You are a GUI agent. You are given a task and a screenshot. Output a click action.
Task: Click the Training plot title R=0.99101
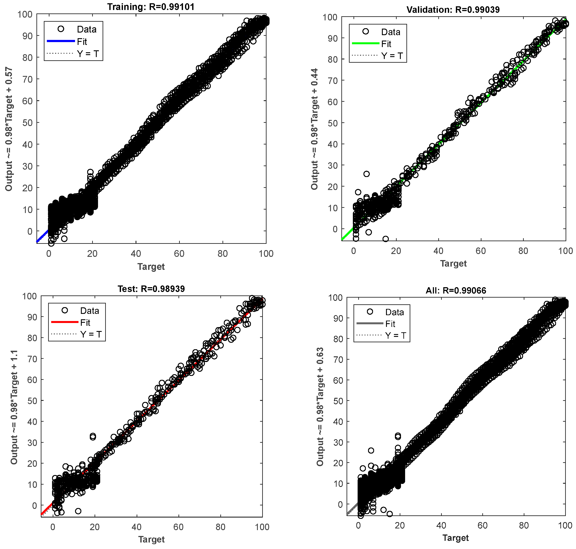[151, 7]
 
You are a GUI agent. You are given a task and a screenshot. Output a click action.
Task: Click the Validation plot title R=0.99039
[453, 10]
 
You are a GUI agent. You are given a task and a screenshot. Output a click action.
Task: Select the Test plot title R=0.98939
[151, 289]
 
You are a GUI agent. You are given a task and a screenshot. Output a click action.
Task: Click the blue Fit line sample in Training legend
[61, 41]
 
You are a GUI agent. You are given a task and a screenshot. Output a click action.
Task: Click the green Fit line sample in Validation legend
[365, 43]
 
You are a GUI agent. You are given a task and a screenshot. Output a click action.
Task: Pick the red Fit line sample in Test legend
[65, 322]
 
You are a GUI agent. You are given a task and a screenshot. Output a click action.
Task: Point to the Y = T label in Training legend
[88, 54]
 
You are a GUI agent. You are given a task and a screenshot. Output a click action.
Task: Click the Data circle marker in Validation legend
[366, 31]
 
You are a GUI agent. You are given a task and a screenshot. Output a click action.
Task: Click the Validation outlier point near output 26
[366, 174]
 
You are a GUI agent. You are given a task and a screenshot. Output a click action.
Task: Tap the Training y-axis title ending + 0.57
[9, 129]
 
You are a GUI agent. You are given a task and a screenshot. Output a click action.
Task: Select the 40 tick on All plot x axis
[441, 525]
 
